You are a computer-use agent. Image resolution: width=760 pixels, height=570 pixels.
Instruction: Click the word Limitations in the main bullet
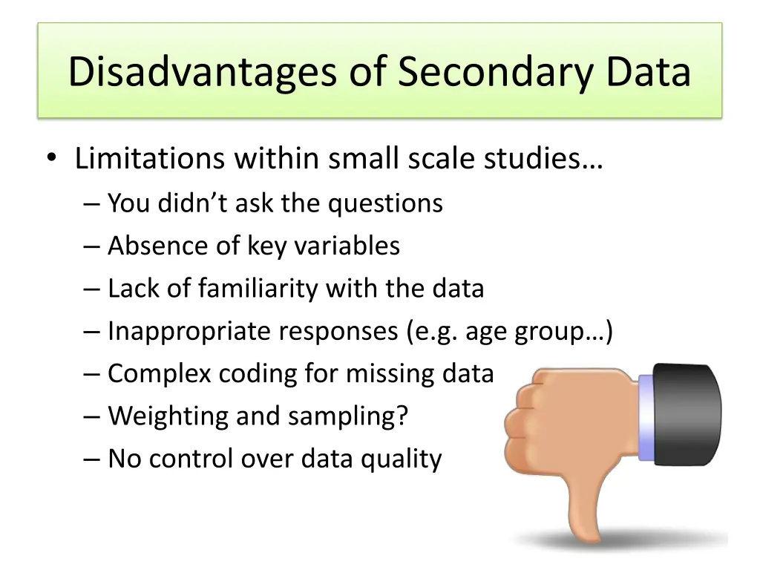tap(149, 159)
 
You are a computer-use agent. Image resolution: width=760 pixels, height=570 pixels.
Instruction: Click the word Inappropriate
tap(189, 331)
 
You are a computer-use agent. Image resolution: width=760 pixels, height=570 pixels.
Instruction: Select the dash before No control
tap(93, 459)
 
